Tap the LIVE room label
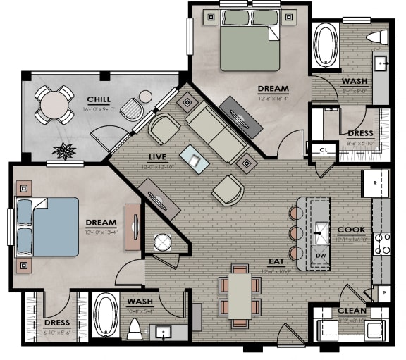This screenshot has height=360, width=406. point(156,156)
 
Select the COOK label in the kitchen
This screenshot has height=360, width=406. point(350,230)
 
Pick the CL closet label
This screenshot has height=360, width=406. point(324,150)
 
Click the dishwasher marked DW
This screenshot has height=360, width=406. point(320,256)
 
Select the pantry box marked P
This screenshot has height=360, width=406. point(384,290)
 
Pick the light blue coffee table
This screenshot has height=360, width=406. point(195,159)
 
